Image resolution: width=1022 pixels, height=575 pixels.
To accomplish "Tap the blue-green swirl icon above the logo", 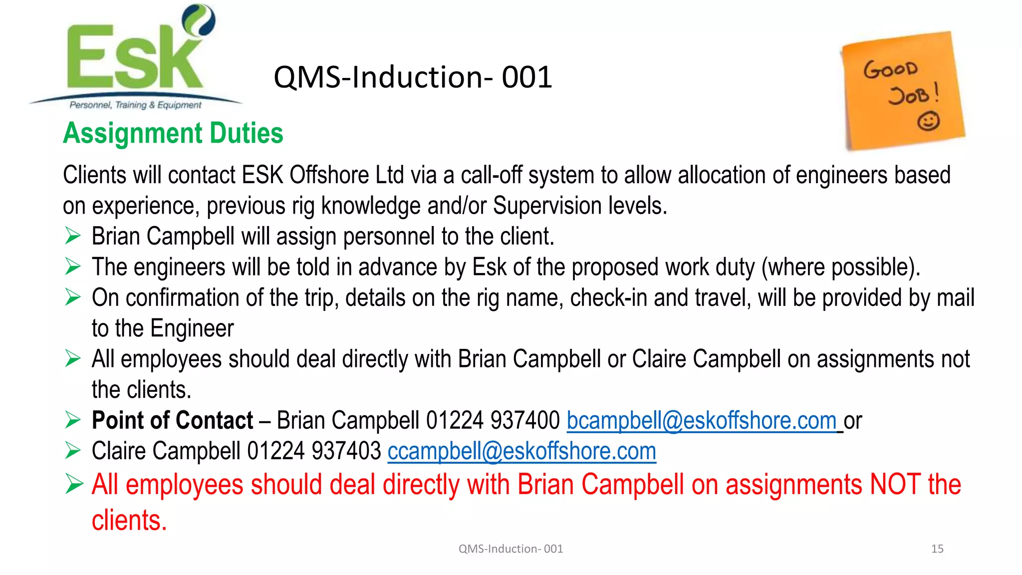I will tap(199, 20).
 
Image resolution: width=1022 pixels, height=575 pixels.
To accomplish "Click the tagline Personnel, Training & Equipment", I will tap(135, 105).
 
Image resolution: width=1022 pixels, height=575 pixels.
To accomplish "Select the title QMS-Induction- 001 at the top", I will tap(413, 77).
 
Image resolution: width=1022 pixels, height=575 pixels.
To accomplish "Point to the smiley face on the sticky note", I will tap(928, 121).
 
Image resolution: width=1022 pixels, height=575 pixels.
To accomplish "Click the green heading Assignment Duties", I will tap(173, 133).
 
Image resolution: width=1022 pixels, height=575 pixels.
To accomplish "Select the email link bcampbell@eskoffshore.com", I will tap(702, 420).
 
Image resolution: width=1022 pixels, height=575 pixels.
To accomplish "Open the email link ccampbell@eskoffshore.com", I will tap(521, 451).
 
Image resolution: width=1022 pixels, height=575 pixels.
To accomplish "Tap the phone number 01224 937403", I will tap(314, 451).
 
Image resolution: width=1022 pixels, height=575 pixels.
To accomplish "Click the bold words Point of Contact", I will tap(172, 420).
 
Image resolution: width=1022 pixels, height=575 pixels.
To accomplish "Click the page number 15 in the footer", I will tap(937, 549).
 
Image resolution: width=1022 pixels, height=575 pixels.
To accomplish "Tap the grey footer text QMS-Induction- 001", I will tap(511, 549).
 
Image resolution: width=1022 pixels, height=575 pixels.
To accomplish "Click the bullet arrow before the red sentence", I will tap(73, 484).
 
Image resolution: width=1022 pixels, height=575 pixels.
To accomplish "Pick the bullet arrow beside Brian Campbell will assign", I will tap(73, 236).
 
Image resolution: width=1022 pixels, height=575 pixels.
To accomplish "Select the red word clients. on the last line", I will tap(129, 520).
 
